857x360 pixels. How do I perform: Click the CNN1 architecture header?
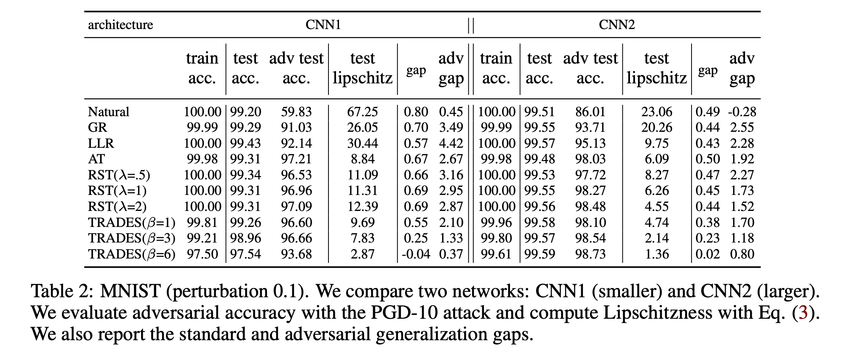(323, 25)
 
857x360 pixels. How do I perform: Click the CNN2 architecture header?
(617, 25)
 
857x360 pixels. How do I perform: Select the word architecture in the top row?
(120, 25)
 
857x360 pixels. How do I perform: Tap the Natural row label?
(109, 112)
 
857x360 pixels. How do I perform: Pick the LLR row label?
(101, 144)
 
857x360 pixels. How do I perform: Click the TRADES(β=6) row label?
(131, 254)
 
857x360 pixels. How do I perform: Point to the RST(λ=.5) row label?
(119, 175)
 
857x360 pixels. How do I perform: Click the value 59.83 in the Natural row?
(296, 112)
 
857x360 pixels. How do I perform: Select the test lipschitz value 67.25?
(362, 112)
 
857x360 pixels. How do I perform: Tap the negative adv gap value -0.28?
(742, 112)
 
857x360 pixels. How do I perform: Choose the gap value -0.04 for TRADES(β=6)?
(416, 254)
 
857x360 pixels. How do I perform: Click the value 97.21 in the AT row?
(296, 159)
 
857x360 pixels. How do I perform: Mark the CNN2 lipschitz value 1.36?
(657, 254)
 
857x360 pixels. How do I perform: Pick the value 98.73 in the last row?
(590, 254)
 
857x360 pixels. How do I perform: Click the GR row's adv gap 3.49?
(451, 128)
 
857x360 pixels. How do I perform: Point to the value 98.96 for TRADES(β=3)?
(246, 238)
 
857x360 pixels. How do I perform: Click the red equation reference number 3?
(803, 312)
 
